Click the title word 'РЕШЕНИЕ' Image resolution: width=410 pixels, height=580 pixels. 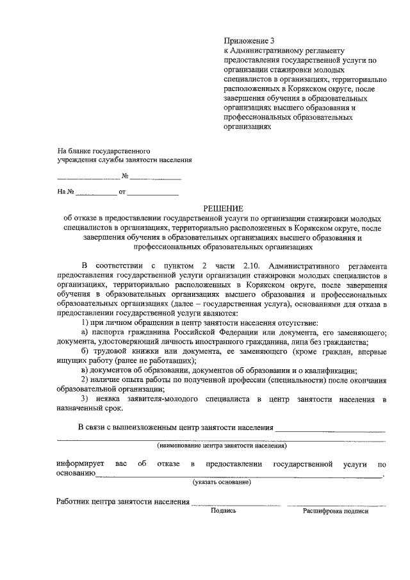coord(224,208)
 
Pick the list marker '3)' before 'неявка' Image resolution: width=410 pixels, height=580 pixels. coord(85,399)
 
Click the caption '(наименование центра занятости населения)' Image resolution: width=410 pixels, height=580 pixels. coord(222,445)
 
